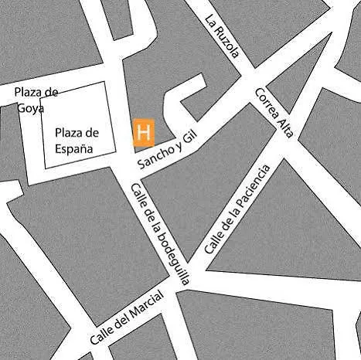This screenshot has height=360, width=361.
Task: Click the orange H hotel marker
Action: [x=143, y=132]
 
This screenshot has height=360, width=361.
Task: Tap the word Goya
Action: [x=32, y=107]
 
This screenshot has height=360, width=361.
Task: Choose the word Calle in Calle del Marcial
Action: [x=102, y=334]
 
